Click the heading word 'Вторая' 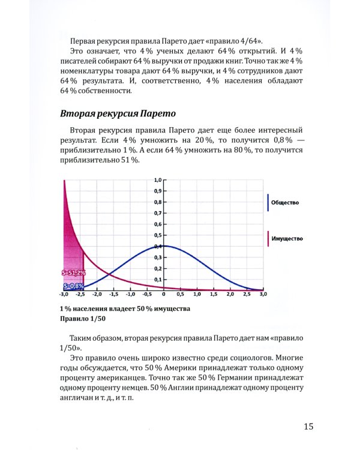pyautogui.click(x=80, y=113)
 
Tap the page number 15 pyautogui.click(x=308, y=427)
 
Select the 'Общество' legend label pyautogui.click(x=285, y=203)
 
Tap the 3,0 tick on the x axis pyautogui.click(x=263, y=295)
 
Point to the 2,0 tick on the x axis pyautogui.click(x=230, y=295)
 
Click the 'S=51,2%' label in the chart pyautogui.click(x=74, y=272)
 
